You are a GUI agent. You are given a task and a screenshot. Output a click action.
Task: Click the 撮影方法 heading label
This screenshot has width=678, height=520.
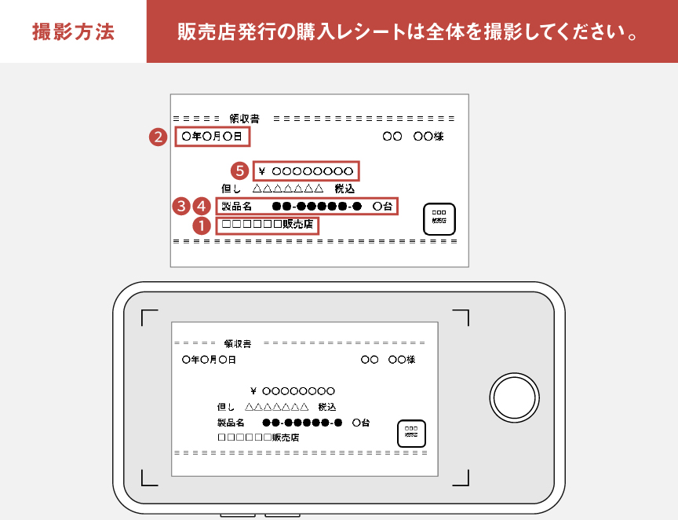coord(73,32)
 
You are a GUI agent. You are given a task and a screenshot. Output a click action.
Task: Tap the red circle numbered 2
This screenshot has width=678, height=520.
coord(159,137)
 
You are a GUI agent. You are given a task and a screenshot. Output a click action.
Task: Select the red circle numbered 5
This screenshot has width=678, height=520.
coord(240,170)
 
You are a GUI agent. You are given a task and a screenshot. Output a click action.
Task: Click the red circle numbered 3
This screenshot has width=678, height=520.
coord(182,207)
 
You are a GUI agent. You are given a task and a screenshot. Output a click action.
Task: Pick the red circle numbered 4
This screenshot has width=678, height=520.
coord(201,207)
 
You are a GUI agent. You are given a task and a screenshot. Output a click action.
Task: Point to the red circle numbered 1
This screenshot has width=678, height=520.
coord(202,226)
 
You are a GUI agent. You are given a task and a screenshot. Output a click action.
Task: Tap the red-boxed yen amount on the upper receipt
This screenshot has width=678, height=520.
coord(306,170)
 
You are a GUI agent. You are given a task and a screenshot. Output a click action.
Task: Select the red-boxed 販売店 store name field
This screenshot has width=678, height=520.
coord(268,226)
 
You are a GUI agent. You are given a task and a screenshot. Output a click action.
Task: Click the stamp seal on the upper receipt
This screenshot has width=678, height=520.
coord(439,218)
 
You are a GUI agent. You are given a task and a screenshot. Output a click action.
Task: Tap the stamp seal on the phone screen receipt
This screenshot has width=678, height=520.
coord(411,433)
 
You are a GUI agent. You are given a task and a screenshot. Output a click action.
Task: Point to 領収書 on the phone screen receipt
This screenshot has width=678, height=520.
coord(237,343)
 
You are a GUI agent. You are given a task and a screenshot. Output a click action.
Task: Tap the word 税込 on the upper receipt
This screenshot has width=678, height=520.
coord(344,189)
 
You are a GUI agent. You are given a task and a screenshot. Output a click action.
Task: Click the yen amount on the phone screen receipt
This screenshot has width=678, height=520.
coord(293,390)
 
